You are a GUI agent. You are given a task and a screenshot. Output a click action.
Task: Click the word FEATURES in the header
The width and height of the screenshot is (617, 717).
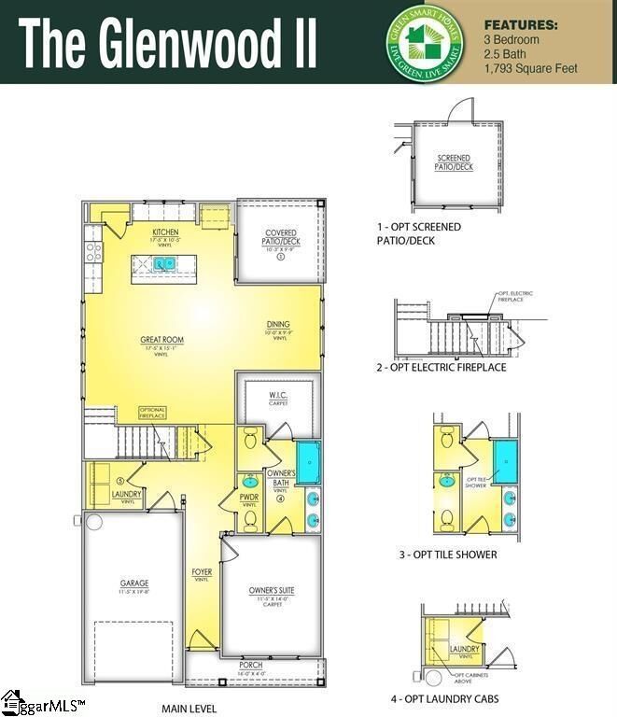521,25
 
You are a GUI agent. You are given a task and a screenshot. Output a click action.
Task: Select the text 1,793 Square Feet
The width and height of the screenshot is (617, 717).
531,68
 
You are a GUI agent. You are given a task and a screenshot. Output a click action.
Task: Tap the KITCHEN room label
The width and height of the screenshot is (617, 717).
165,232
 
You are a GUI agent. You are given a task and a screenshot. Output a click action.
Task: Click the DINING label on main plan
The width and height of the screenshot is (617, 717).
277,324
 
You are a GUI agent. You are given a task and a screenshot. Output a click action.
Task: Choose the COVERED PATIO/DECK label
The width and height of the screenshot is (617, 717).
281,237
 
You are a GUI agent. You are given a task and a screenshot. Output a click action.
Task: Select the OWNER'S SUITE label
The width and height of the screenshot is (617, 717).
271,590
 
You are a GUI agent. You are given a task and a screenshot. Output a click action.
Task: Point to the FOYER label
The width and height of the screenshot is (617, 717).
201,572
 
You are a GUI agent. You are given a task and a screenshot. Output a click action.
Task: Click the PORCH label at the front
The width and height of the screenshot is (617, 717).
251,665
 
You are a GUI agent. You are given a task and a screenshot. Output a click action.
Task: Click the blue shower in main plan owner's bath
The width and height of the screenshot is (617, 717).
308,460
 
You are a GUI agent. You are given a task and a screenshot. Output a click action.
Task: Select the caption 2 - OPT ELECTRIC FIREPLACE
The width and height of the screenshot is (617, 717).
441,368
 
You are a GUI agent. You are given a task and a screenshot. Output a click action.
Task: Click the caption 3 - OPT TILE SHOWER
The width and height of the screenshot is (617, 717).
447,555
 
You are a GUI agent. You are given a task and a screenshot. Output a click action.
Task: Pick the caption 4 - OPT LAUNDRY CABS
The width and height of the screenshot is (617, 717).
444,698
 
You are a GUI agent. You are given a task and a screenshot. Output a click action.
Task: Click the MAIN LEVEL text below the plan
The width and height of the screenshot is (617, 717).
189,709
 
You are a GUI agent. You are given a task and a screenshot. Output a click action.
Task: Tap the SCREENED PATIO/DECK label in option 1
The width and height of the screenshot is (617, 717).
454,162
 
